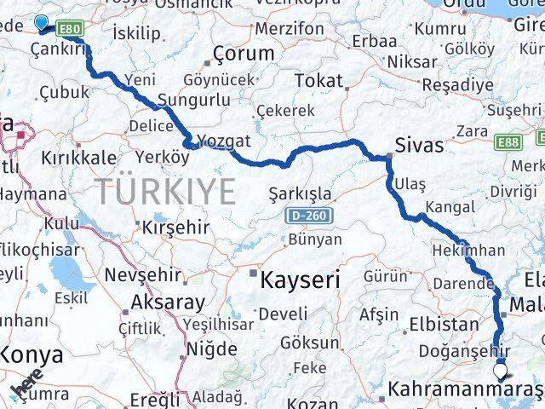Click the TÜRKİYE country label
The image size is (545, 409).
point(165,192)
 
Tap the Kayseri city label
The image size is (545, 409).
point(300,279)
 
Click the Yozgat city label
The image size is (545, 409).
point(223,141)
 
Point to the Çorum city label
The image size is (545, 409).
point(244,53)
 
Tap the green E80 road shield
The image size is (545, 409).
point(69,30)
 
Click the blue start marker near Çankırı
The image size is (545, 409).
point(41,23)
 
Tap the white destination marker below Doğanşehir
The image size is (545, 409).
point(500,371)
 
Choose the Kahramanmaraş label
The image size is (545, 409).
point(464,391)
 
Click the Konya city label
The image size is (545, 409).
point(32,354)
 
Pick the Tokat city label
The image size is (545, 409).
point(318,81)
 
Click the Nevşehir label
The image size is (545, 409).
point(142,275)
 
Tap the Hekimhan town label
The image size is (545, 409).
point(468,251)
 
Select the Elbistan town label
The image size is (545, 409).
point(444,324)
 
